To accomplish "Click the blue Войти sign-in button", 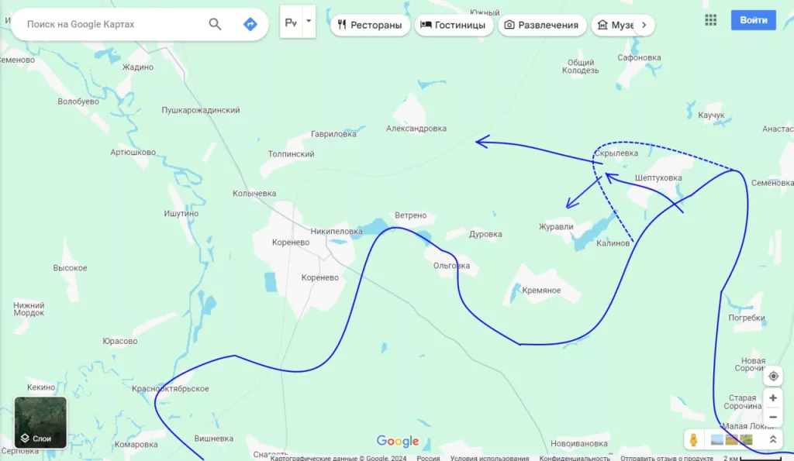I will pos(753,20).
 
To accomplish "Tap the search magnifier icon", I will pos(216,24).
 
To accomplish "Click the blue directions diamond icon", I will pos(250,24).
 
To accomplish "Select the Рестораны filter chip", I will pos(370,25).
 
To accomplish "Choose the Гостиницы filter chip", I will pos(454,25).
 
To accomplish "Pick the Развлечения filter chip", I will pos(541,25).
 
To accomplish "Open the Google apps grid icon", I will pos(710,20).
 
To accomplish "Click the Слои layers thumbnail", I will pos(40,422).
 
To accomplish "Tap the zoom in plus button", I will pos(772,398).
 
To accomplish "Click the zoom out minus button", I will pos(772,417).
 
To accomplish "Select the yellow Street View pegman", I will pos(694,439).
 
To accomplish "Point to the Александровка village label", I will pos(416,129).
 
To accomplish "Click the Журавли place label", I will pos(556,227).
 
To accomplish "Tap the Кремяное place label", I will pos(541,291).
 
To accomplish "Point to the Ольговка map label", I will pos(451,266).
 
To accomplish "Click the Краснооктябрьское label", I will pos(171,389).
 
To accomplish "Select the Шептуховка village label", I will pos(658,178).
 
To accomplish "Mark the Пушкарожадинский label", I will pos(200,111).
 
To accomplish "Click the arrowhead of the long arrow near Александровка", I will pos(481,141).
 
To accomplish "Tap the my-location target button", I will pos(772,377).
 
